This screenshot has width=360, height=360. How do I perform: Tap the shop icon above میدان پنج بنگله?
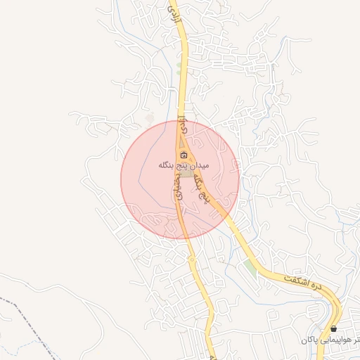pos(184,155)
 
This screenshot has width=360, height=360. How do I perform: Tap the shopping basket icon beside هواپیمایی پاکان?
pos(333,328)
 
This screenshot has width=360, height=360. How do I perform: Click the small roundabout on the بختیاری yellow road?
pos(192,260)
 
